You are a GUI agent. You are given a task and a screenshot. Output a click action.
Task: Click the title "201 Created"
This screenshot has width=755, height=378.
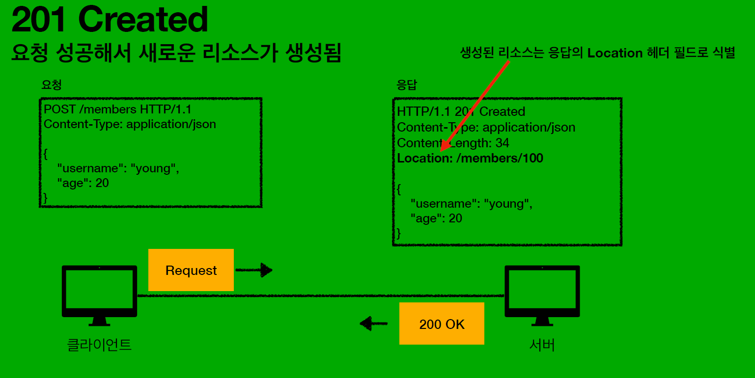click(x=110, y=21)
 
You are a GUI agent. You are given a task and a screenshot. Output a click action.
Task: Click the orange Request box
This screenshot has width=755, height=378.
click(x=191, y=270)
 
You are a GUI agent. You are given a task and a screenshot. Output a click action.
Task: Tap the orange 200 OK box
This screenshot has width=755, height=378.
click(x=442, y=324)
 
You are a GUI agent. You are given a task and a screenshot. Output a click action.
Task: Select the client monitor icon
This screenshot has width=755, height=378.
click(x=99, y=295)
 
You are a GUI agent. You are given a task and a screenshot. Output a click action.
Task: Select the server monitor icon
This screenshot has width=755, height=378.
click(x=542, y=295)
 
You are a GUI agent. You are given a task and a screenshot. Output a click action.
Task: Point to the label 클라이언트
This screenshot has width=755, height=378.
click(x=99, y=345)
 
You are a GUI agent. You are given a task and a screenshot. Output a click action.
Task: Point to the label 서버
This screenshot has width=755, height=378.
click(x=542, y=345)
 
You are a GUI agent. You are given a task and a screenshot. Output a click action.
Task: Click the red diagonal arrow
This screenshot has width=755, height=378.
click(x=475, y=106)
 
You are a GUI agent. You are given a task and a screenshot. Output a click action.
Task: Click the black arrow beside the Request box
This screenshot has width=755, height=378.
click(x=254, y=270)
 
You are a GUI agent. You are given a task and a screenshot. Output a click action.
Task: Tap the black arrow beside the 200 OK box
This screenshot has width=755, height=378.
click(x=373, y=324)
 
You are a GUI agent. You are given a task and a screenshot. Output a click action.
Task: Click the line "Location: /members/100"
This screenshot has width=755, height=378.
click(x=470, y=158)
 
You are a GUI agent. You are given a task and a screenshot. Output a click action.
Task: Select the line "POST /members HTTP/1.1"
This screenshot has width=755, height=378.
click(x=117, y=109)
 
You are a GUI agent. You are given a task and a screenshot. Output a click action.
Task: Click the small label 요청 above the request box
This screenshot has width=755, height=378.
click(x=51, y=84)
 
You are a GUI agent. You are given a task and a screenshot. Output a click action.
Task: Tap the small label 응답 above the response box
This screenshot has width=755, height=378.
click(x=406, y=84)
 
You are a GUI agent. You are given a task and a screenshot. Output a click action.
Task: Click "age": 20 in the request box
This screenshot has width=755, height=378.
click(x=83, y=183)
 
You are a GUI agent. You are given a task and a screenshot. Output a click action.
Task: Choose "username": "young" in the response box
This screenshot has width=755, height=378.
click(x=472, y=203)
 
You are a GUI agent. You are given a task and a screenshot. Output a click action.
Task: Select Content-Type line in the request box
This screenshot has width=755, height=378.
click(x=130, y=124)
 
